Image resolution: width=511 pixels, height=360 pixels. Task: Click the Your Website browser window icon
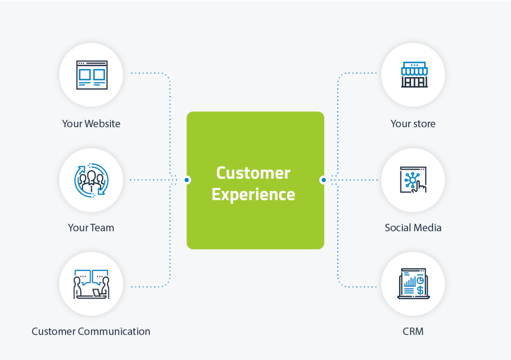[91, 75]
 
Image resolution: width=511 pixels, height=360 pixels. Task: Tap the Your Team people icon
[91, 179]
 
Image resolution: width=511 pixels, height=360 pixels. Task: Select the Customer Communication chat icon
[91, 284]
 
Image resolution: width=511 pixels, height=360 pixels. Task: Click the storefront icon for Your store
[413, 75]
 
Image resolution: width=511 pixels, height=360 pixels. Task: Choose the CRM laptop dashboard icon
[413, 284]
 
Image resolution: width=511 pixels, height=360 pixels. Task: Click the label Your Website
[91, 123]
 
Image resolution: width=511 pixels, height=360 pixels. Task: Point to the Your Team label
[91, 228]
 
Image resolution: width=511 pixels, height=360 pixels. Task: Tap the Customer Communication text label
[91, 331]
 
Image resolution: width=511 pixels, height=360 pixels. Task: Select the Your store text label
[413, 123]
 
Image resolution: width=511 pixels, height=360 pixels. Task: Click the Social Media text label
[413, 228]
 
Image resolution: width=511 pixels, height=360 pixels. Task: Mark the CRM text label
[413, 331]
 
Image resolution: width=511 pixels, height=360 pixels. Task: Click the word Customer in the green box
[253, 173]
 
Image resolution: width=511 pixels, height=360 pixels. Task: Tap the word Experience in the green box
[253, 194]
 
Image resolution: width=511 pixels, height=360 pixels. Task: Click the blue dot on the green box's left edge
[187, 180]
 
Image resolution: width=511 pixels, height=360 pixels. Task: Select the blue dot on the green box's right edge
[323, 180]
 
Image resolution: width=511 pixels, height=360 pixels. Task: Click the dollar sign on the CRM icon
[420, 290]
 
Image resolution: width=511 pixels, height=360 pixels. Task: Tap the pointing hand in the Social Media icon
[422, 187]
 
